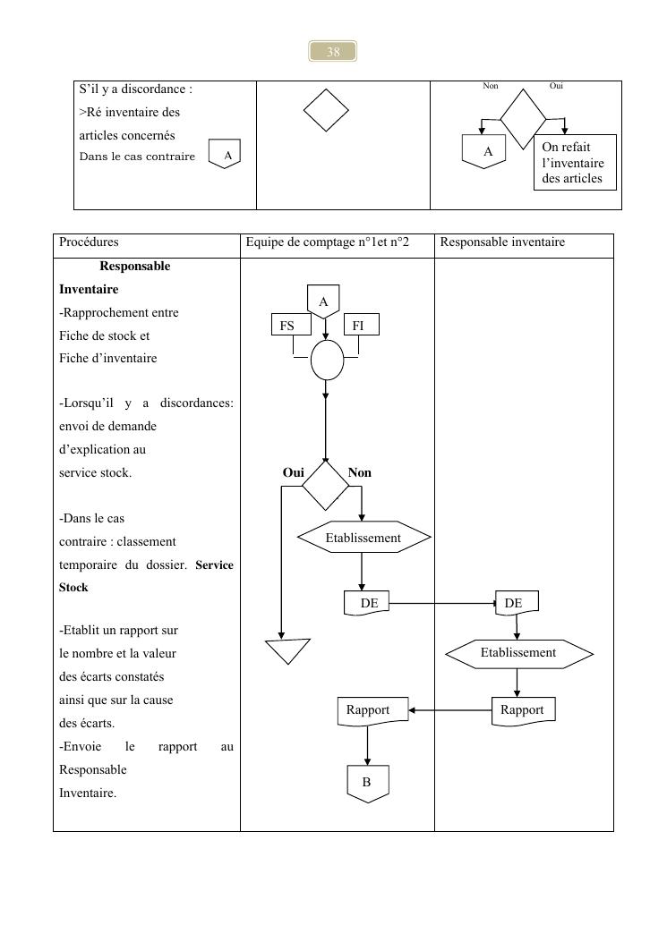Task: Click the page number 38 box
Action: pos(333,52)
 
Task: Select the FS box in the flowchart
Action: pos(286,325)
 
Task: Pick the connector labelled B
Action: pos(367,783)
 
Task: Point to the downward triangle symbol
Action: pos(287,649)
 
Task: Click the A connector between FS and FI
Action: pos(324,301)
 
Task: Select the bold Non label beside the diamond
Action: pos(359,472)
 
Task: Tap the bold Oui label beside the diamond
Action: pos(294,472)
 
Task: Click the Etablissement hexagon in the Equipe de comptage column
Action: pos(363,538)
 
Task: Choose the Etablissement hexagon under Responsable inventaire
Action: pos(518,653)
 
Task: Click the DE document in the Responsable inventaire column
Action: pos(514,604)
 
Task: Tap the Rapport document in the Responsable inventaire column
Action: pos(523,710)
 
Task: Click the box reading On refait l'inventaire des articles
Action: pos(573,163)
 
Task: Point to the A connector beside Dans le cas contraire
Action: pos(227,155)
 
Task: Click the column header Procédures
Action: pos(89,242)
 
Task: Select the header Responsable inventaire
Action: pos(502,242)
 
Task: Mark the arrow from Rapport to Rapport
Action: pos(450,711)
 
